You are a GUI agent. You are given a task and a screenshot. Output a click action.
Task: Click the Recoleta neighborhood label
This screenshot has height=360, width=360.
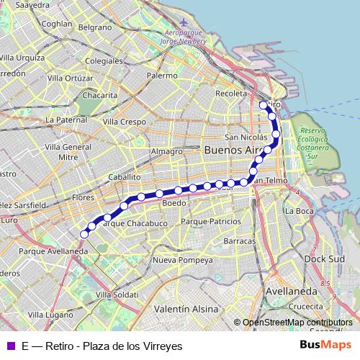tap(231, 93)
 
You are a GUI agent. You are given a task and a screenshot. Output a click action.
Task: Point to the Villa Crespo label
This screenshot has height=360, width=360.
tap(124, 122)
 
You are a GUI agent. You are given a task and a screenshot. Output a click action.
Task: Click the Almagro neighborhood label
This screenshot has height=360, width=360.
tap(166, 151)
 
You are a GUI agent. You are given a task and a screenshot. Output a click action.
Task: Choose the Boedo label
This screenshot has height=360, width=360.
tap(174, 204)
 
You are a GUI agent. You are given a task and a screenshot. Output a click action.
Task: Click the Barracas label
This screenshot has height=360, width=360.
tap(240, 240)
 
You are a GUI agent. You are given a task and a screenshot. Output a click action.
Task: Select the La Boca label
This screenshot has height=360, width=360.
tap(299, 211)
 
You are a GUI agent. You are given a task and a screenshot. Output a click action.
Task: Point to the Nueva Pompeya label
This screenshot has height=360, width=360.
tap(183, 259)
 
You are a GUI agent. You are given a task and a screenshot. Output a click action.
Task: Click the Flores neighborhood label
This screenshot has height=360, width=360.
tap(84, 197)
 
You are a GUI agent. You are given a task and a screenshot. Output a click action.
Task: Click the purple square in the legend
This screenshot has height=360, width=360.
tap(9, 346)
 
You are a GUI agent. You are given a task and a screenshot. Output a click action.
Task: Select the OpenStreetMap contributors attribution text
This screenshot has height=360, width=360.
tap(297, 323)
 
